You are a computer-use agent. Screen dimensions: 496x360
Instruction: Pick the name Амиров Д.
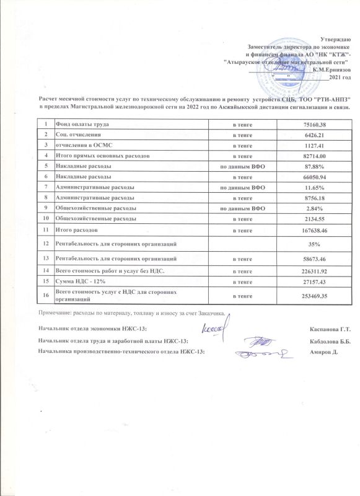(323, 352)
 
